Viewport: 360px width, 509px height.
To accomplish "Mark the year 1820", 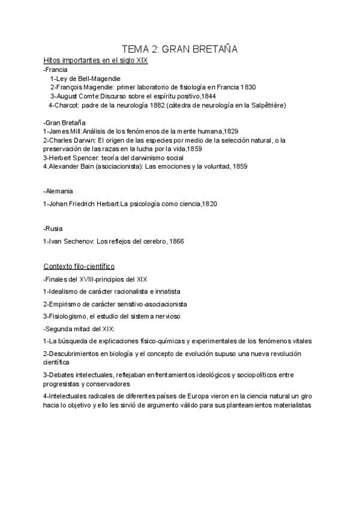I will (209, 204).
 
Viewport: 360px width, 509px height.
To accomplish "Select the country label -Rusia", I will (53, 228).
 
